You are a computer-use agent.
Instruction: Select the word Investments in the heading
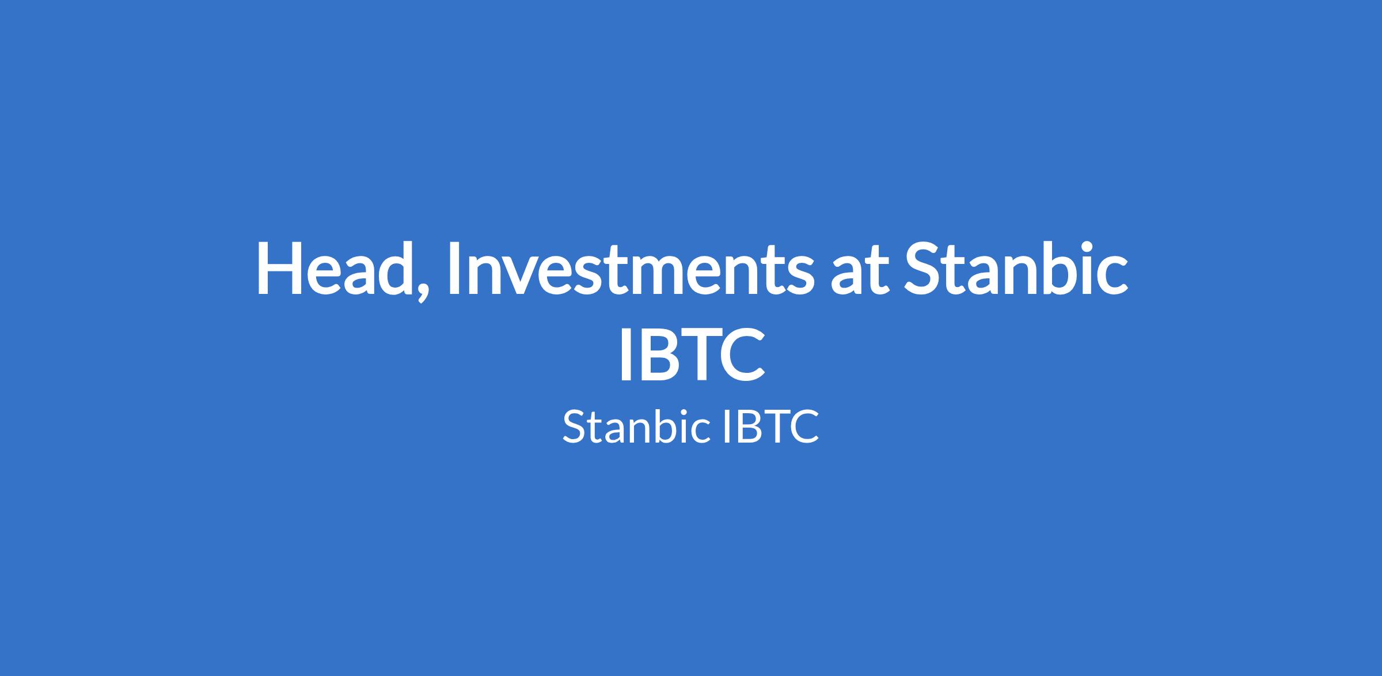pos(628,269)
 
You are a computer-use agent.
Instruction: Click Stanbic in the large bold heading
pos(1014,269)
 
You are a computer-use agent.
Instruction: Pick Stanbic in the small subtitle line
pos(635,426)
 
